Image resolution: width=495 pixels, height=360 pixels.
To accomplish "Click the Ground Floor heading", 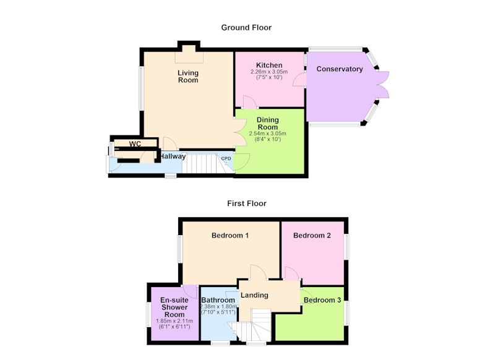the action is (246, 28).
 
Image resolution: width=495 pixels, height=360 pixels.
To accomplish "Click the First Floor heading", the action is (246, 204).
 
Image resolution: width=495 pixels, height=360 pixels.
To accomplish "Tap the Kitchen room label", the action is (269, 66).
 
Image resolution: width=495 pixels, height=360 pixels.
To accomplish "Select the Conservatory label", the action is (339, 69).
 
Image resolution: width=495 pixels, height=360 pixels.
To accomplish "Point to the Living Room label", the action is (188, 77).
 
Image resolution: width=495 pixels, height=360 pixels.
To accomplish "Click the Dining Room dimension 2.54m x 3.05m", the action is (268, 134).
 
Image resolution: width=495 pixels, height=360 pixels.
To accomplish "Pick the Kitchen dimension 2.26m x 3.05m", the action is (269, 72).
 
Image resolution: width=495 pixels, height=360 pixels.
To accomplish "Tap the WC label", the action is (135, 144).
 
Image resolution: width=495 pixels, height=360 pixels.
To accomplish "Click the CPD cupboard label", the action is (226, 159).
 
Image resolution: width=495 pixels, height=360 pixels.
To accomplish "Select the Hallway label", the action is (173, 156).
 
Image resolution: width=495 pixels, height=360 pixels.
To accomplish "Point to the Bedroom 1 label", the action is (230, 236).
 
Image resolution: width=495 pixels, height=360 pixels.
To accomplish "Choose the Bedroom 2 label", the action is (312, 236).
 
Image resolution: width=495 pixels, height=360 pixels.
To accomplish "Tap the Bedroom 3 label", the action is (322, 300).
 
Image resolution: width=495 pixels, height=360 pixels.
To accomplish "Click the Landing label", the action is (254, 295).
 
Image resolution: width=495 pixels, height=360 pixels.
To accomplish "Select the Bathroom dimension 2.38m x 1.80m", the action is (218, 307).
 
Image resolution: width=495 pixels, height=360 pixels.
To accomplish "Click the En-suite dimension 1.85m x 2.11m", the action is (174, 321).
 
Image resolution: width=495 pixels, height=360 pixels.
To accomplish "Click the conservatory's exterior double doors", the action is (382, 85).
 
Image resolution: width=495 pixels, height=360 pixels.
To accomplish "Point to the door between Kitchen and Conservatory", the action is (299, 79).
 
